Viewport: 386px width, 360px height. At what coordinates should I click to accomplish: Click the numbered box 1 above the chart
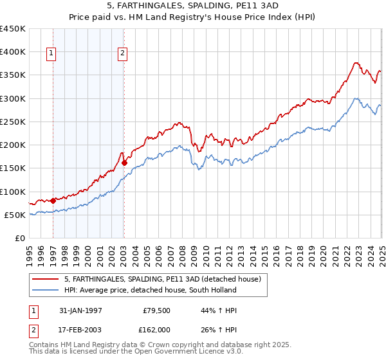point(51,54)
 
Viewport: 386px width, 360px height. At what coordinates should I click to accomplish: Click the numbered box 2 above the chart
point(122,54)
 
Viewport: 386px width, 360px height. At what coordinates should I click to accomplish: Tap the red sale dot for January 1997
point(53,201)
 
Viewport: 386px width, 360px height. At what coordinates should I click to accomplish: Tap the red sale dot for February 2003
point(124,163)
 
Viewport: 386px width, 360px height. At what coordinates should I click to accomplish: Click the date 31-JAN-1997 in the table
point(81,310)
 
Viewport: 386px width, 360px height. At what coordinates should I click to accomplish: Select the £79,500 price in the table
point(155,310)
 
